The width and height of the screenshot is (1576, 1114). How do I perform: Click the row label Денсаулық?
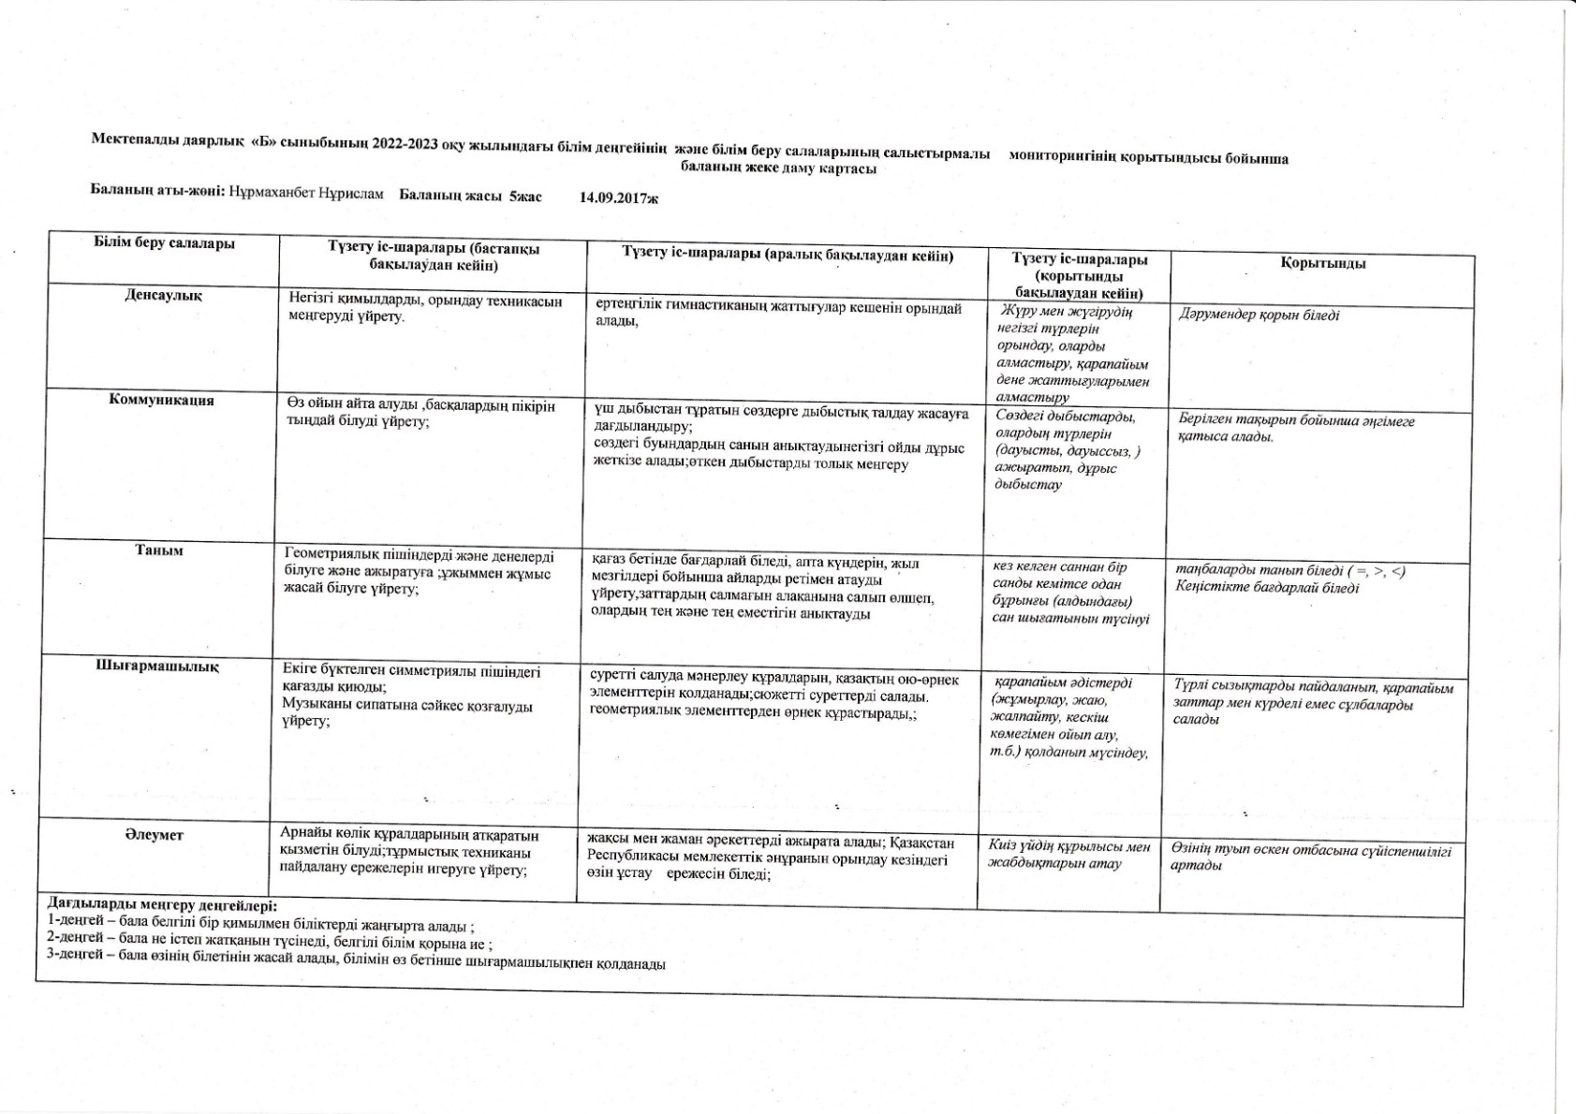[x=163, y=296]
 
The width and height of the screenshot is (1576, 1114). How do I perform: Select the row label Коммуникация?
[x=161, y=401]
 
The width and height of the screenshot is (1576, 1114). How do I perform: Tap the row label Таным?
[x=159, y=551]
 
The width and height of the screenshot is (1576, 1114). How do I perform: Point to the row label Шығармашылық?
[x=157, y=667]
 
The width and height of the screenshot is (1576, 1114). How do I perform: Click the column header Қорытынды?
[x=1322, y=263]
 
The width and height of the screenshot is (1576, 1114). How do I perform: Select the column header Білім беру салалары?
[x=164, y=244]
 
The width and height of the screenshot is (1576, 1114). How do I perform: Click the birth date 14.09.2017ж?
[x=619, y=198]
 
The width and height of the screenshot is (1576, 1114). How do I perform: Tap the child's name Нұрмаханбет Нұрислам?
[x=306, y=193]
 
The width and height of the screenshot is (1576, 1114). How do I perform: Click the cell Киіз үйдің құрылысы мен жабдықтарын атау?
[x=1068, y=855]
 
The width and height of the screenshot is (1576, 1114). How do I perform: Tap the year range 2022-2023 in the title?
[x=405, y=142]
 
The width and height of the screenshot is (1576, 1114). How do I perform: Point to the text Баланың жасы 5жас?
[x=470, y=196]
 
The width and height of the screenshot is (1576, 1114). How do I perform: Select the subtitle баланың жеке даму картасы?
[x=778, y=169]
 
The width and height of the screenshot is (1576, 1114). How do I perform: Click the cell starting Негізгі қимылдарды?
[x=425, y=309]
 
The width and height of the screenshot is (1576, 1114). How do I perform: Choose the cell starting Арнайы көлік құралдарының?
[x=409, y=851]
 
